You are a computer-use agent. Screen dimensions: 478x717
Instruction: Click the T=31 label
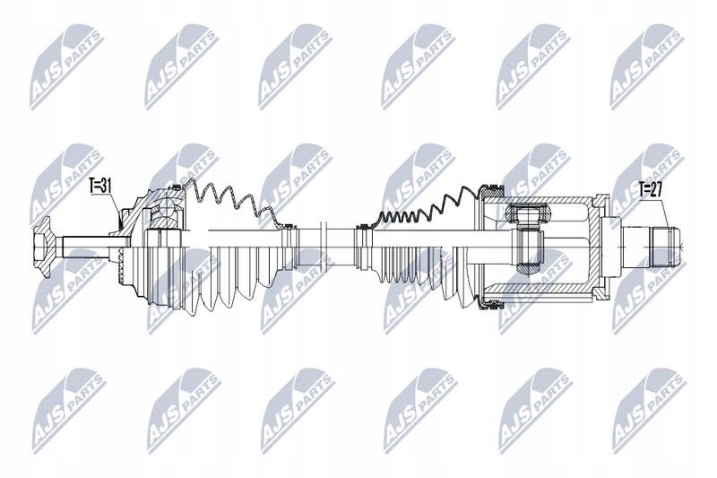tap(100, 187)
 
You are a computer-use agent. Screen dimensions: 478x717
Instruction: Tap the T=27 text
tap(653, 188)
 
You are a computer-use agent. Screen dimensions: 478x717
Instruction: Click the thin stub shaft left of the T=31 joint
tap(85, 239)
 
